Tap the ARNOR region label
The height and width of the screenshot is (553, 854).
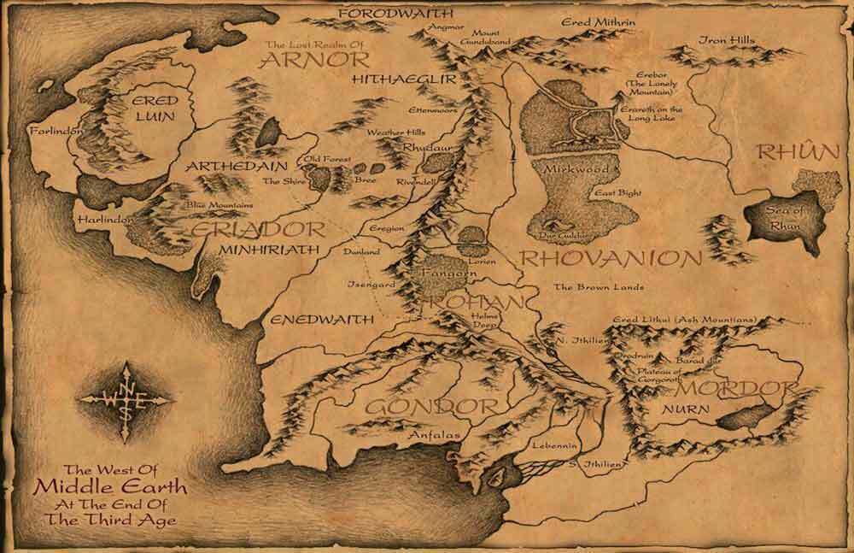click(x=315, y=60)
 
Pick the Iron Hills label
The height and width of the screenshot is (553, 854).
click(x=728, y=39)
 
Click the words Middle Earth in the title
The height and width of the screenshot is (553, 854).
click(x=111, y=487)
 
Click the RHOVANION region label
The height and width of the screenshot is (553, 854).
click(x=611, y=258)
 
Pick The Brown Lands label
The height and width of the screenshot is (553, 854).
click(x=598, y=287)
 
